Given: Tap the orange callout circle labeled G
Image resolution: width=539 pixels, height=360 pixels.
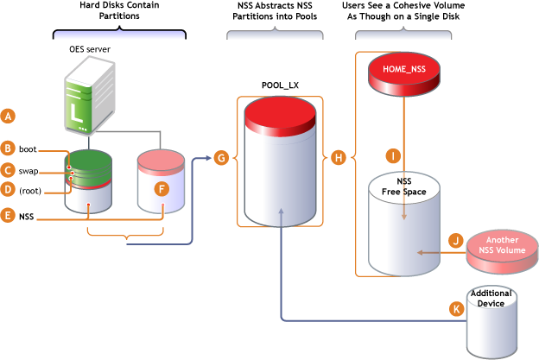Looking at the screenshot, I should tap(221, 158).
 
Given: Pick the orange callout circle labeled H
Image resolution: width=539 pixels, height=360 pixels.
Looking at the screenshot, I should tap(339, 158).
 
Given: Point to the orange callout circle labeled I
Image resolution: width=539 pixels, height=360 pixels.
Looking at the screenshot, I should tap(393, 155).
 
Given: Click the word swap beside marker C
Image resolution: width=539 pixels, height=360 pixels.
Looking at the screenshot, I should tap(29, 170).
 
